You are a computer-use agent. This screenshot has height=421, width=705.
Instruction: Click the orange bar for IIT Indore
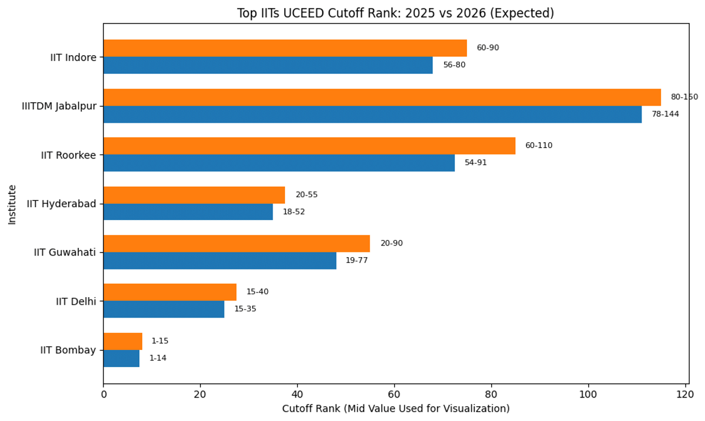[x=285, y=48]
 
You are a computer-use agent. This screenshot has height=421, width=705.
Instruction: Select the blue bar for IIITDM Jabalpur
[x=372, y=114]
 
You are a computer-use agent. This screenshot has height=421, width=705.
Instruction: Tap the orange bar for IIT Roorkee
[x=309, y=146]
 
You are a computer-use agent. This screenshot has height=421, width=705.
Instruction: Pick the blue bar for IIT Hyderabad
[x=188, y=212]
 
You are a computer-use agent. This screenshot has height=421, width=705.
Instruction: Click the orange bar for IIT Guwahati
[x=236, y=244]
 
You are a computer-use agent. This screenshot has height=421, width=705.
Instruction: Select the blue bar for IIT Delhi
[x=163, y=309]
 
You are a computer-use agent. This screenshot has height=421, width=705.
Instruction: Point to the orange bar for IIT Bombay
[x=123, y=341]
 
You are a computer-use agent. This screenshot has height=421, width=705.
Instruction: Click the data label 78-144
[x=665, y=114]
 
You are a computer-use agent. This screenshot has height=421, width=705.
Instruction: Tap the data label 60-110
[x=539, y=146]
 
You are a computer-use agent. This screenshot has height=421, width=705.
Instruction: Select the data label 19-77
[x=357, y=260]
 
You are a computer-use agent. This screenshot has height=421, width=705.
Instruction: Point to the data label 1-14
[x=157, y=358]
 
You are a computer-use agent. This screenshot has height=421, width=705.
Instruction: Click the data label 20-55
[x=306, y=195]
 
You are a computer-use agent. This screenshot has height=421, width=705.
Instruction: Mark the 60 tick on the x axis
[x=394, y=395]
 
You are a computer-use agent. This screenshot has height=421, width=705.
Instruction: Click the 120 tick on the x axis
[x=685, y=395]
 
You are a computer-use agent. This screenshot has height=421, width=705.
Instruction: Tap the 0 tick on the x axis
[x=103, y=395]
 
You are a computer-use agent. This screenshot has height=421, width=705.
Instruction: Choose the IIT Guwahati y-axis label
[x=65, y=252]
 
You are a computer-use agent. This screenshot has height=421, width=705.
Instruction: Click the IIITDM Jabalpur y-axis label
[x=59, y=106]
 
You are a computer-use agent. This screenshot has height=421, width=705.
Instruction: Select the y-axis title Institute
[x=12, y=204]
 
